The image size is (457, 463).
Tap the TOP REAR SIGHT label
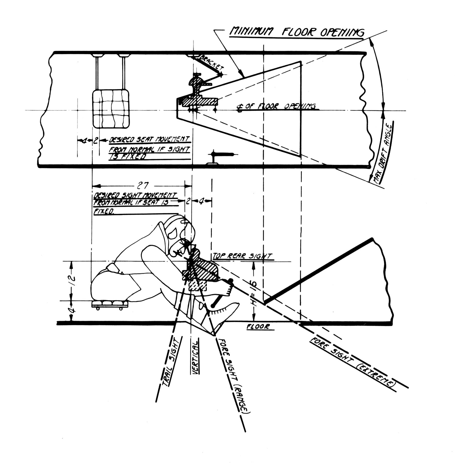[x=242, y=256]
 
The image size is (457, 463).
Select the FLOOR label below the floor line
[x=258, y=327]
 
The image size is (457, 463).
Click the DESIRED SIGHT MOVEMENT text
[x=135, y=196]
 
